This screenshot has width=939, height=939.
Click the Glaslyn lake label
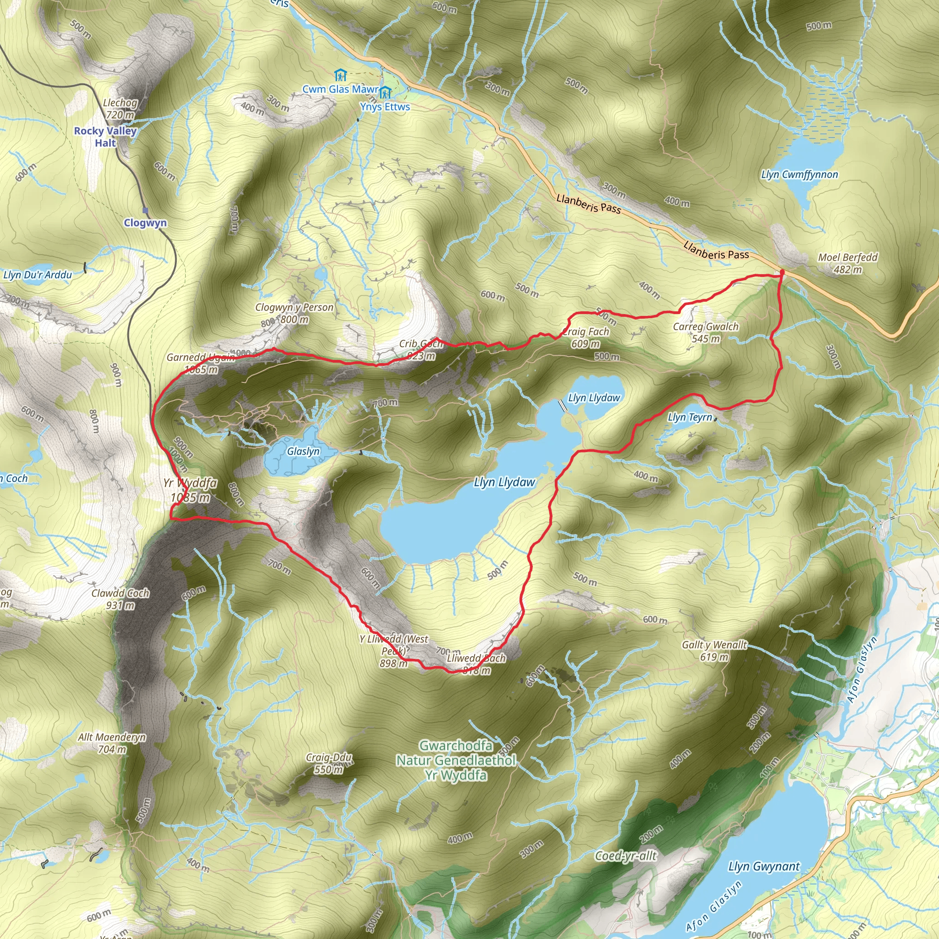point(303,451)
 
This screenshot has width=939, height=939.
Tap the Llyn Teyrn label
point(690,417)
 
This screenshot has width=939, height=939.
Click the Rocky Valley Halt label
point(105,137)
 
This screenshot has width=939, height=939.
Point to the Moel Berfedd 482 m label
point(848,263)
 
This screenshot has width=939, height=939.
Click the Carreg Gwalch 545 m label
point(706,332)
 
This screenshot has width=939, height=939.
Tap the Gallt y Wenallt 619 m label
point(714,651)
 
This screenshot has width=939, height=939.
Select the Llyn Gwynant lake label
point(763,866)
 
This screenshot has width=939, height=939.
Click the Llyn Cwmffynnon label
point(800,175)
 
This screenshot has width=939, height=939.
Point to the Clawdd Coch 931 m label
point(120,599)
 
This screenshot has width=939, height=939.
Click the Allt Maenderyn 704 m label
point(112,743)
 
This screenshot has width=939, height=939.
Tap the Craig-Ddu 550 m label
point(329,763)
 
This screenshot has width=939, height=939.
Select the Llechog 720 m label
point(120,108)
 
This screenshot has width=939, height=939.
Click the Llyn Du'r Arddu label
point(38,275)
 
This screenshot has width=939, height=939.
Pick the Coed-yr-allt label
point(626,856)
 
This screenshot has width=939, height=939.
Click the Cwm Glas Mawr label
point(340,89)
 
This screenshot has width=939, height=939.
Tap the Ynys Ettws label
point(385,106)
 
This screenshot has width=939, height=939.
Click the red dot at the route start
point(782,272)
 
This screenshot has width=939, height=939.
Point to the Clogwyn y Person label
point(294,313)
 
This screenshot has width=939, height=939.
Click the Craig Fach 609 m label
point(585,337)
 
